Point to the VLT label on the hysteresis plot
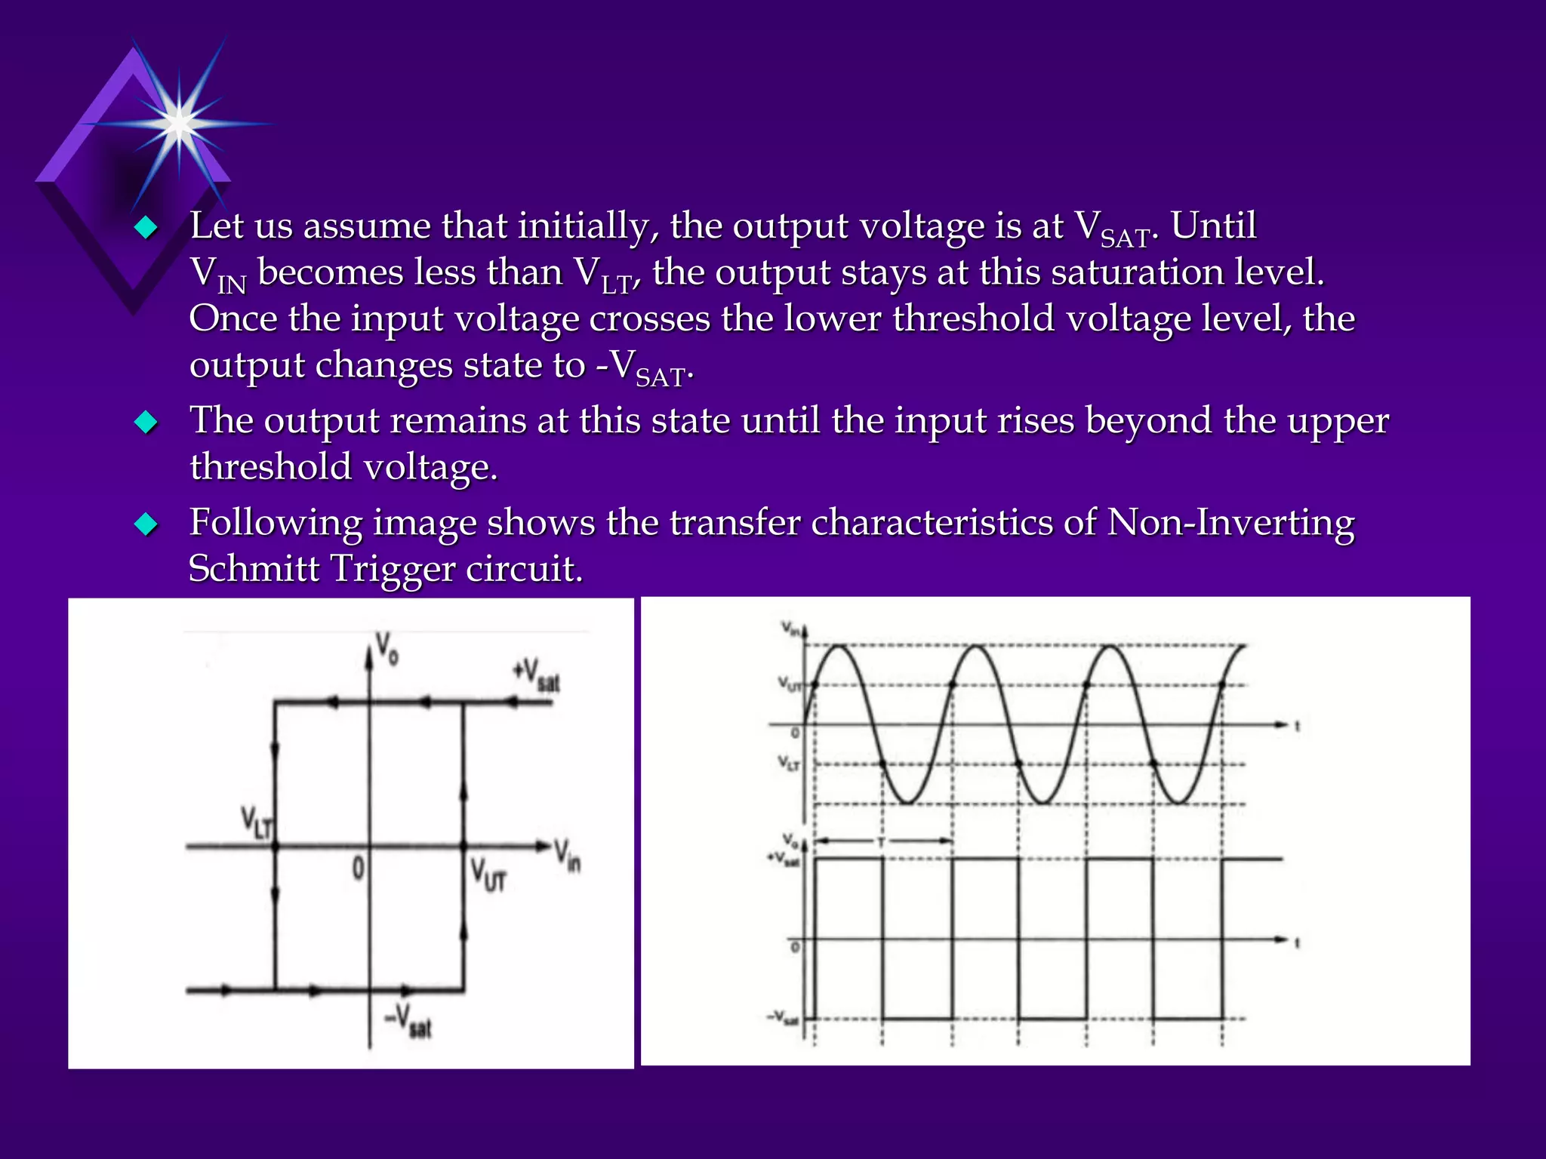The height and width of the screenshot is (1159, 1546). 257,822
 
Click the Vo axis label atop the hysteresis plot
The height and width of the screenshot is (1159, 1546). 387,648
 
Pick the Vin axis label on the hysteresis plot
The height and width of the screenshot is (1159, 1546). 568,856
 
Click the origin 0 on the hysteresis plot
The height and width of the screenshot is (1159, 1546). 359,868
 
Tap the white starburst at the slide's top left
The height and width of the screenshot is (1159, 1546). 179,123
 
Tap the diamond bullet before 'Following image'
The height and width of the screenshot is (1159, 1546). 146,523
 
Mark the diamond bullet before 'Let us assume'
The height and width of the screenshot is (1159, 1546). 146,226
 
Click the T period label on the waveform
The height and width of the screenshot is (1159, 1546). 881,841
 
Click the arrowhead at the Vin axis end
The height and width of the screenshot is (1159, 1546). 543,846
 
